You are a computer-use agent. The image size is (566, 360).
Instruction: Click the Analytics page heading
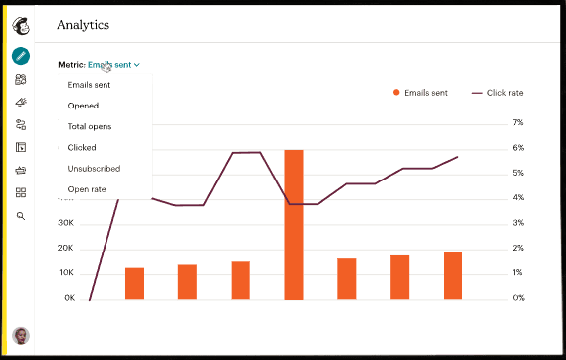83,24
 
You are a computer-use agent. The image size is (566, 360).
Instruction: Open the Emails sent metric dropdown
112,64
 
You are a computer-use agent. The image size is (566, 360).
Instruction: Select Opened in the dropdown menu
83,106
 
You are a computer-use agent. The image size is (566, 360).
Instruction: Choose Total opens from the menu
89,126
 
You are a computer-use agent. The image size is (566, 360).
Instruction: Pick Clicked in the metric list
82,147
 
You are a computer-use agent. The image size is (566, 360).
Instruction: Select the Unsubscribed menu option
94,169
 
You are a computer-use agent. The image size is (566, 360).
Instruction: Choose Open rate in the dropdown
86,189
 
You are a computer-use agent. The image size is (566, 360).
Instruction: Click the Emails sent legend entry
420,92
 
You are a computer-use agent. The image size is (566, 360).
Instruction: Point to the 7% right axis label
517,123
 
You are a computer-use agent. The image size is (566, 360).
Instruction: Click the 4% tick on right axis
517,197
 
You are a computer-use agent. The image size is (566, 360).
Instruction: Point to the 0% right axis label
517,297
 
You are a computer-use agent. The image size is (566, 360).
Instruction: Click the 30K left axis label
67,223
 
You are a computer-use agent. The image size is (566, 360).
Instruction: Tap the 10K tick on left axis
67,273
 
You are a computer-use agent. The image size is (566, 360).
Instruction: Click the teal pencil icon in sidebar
21,56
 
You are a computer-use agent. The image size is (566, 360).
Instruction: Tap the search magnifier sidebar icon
21,215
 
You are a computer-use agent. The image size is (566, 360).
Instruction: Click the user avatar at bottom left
21,336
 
